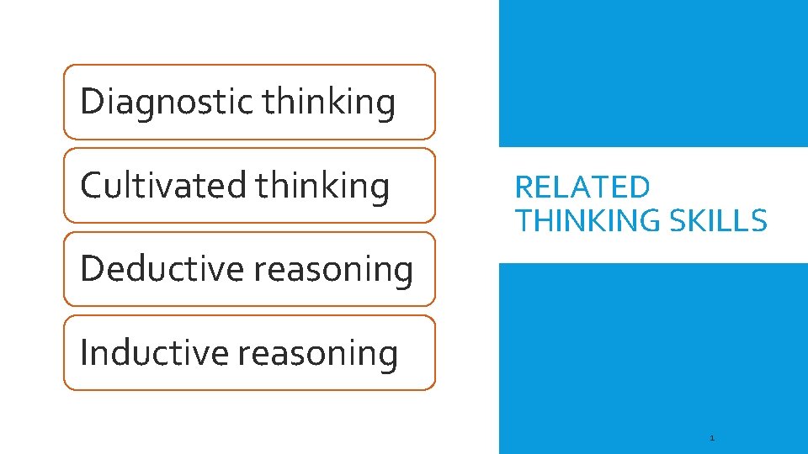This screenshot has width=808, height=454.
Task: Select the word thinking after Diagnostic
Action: click(x=328, y=102)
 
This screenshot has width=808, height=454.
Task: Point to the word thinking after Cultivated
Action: click(x=322, y=185)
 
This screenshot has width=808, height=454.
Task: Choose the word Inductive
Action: click(x=154, y=352)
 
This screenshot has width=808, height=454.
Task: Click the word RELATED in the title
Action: click(x=582, y=187)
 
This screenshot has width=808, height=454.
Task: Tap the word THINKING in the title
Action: click(x=588, y=220)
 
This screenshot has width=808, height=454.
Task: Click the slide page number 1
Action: click(x=712, y=438)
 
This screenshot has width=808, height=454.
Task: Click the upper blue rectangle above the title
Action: click(x=653, y=73)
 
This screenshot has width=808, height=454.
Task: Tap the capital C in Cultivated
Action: click(x=90, y=185)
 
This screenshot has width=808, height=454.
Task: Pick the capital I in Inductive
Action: click(x=83, y=352)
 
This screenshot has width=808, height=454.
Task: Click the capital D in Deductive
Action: click(x=91, y=269)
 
